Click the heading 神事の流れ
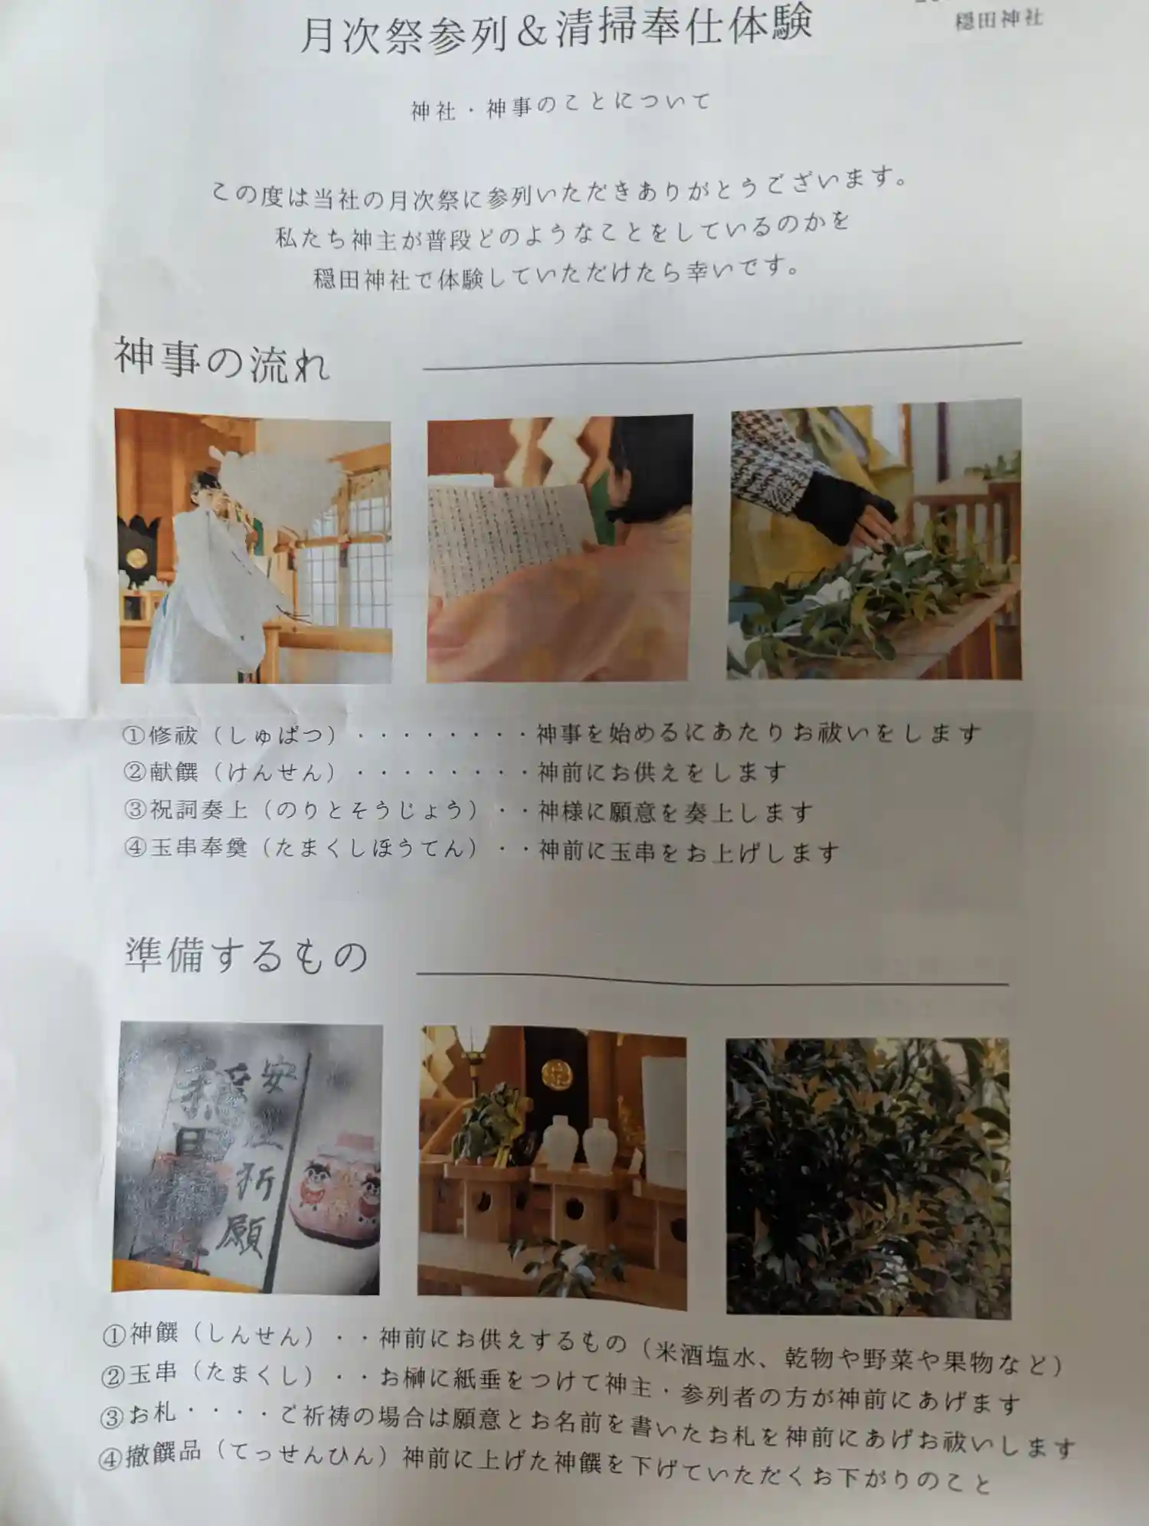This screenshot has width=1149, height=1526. (222, 359)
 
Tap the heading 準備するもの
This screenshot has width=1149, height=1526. (247, 957)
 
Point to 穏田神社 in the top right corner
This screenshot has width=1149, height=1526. (998, 19)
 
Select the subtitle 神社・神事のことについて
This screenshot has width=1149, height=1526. (561, 106)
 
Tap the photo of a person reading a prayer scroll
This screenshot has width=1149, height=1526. (559, 548)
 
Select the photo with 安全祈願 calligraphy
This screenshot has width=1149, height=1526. (247, 1158)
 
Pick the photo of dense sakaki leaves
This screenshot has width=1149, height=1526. (868, 1177)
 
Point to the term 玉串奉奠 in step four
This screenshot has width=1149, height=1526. (198, 848)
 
